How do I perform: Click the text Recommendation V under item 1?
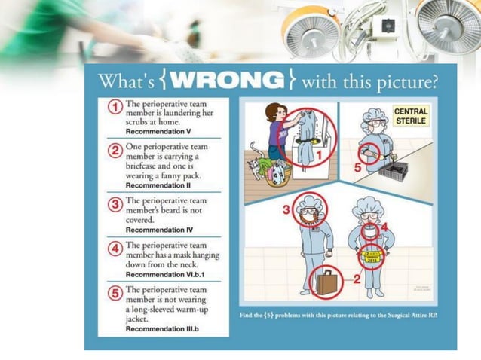click(x=156, y=130)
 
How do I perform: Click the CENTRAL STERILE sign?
click(x=411, y=116)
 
